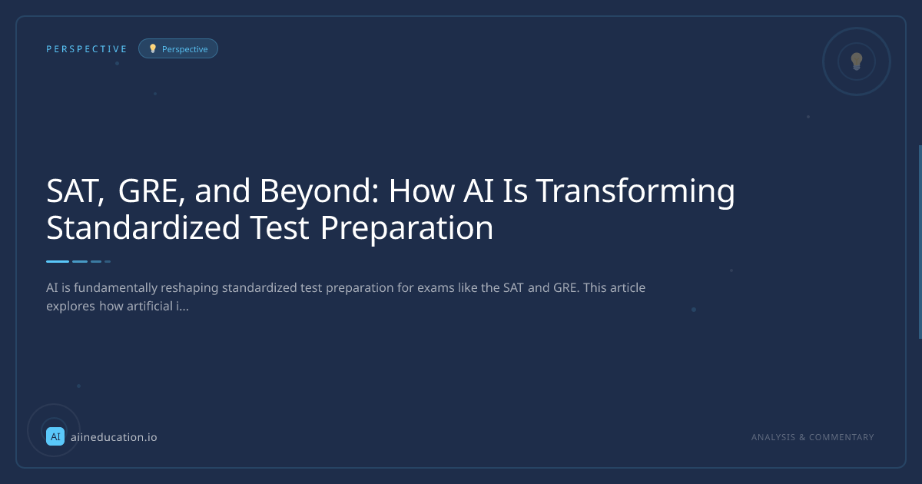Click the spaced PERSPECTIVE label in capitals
coord(86,49)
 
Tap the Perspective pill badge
coord(177,48)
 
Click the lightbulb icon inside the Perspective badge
coord(153,48)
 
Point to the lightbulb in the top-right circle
coord(857,61)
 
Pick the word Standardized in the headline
coord(143,227)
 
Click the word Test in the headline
coord(280,228)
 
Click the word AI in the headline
coord(478,191)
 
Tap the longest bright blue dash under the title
coord(58,261)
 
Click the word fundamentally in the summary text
coord(116,287)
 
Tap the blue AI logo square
coord(55,436)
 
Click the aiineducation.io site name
coord(114,437)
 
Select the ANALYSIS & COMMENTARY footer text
coord(813,437)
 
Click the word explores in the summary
coord(71,307)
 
